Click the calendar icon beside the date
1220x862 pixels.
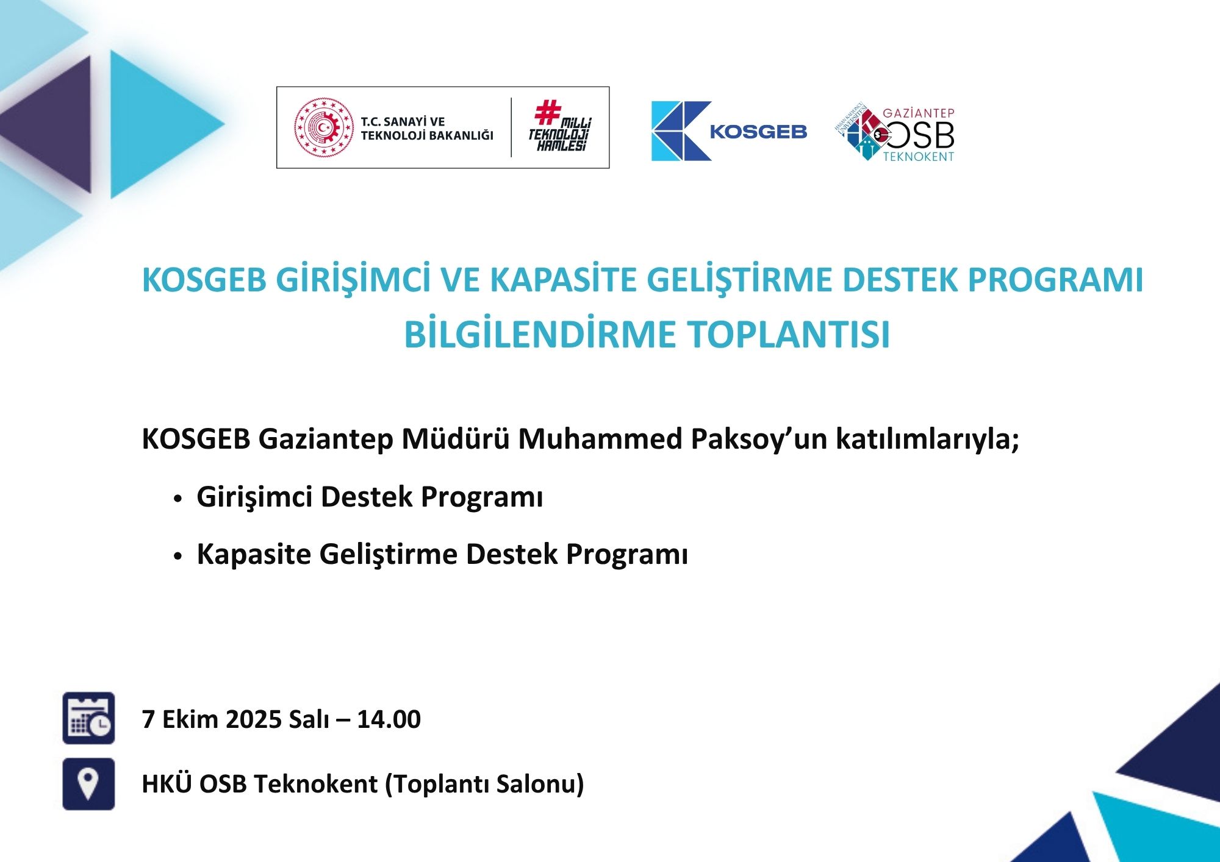[88, 718]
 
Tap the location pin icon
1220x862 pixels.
[88, 784]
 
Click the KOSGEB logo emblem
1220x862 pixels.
[681, 131]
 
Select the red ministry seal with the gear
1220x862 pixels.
[324, 128]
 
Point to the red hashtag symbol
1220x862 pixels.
[547, 112]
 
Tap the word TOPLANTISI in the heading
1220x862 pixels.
[789, 335]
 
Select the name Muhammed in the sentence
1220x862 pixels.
[600, 439]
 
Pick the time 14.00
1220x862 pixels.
[389, 719]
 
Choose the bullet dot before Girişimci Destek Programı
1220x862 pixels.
[178, 499]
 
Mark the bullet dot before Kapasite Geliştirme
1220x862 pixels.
[178, 557]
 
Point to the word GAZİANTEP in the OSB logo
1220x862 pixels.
[919, 113]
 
